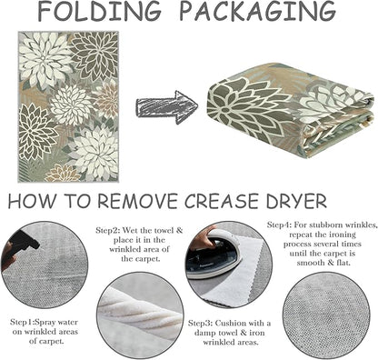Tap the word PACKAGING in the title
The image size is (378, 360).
point(258,12)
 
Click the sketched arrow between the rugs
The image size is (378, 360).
point(166,107)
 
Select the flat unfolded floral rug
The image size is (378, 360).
point(68,106)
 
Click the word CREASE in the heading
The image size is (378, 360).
point(222,201)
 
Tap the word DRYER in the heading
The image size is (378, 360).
point(296,201)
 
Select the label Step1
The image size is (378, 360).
point(20,322)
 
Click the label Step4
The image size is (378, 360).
point(279,225)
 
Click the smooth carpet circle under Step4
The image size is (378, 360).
point(326,315)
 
